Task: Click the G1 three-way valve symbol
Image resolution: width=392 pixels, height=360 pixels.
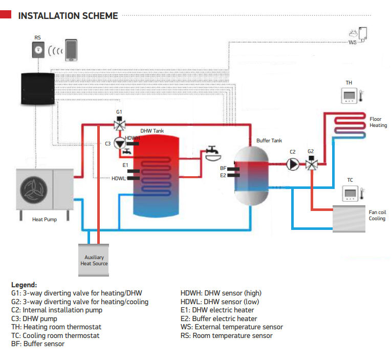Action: [x=120, y=124]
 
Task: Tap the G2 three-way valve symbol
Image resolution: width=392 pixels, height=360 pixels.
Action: [x=311, y=164]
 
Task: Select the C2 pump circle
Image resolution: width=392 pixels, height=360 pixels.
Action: [x=293, y=164]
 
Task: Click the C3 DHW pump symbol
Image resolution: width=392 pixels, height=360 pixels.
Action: [x=119, y=143]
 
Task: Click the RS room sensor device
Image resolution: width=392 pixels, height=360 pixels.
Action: [x=38, y=50]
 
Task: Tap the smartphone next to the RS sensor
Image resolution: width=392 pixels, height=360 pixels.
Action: [x=71, y=50]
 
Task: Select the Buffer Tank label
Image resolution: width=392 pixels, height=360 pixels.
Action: [x=269, y=140]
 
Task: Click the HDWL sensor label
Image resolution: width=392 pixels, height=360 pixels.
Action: [x=118, y=179]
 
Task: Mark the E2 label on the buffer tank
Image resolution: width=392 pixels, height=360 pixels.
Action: [x=223, y=175]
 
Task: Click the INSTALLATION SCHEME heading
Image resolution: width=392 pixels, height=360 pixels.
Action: [x=68, y=15]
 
